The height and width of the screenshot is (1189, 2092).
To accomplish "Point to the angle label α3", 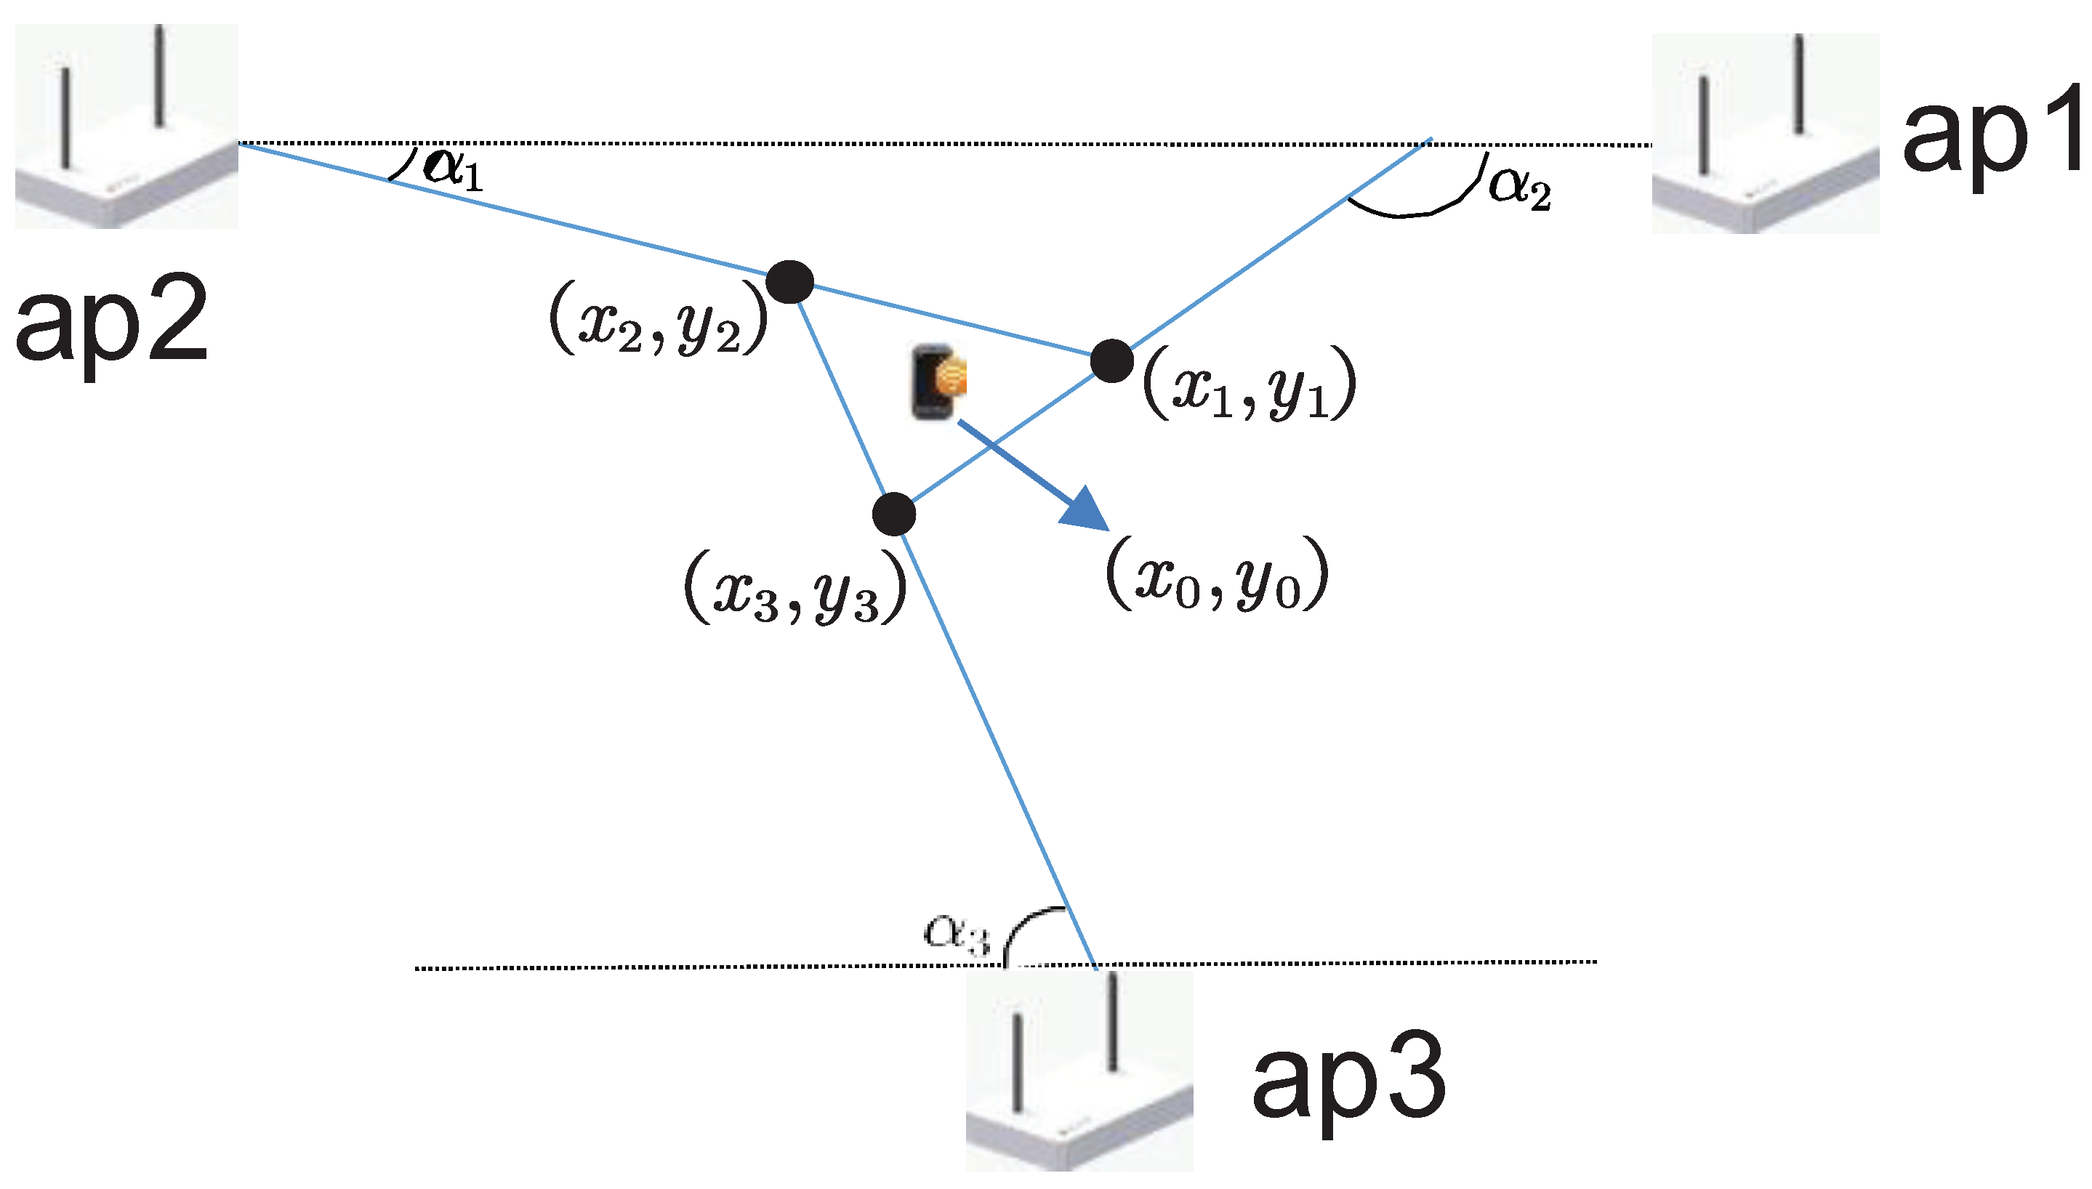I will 956,932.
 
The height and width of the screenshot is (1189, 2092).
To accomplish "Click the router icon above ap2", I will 126,126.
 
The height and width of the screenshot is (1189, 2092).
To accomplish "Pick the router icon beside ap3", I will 1079,1070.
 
